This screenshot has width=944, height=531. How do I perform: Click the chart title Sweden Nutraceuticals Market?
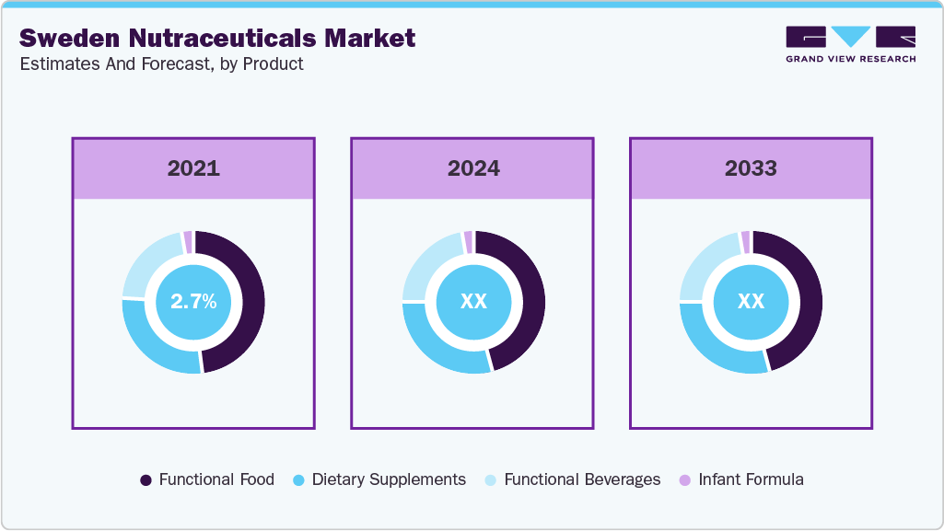[x=217, y=38]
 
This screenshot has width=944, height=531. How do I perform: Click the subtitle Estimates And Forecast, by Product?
[x=161, y=64]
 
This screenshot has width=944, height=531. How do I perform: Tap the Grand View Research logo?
[x=850, y=44]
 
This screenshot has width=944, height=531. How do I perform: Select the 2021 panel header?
[x=193, y=168]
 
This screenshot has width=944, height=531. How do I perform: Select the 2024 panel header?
[x=473, y=168]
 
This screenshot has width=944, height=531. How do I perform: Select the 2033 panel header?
[x=751, y=168]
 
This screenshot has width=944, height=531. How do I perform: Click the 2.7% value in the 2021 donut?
[x=193, y=301]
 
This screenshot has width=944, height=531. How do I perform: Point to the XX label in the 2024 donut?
[x=473, y=301]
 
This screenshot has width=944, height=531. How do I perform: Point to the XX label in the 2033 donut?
[x=751, y=301]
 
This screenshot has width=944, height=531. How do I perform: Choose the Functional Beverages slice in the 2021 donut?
[x=147, y=261]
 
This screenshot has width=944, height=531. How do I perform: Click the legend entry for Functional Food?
[x=207, y=479]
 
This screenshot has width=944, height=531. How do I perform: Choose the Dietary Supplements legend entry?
[x=379, y=479]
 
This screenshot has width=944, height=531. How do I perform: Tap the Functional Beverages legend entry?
[x=572, y=479]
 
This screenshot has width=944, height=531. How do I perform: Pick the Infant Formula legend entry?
[x=740, y=479]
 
